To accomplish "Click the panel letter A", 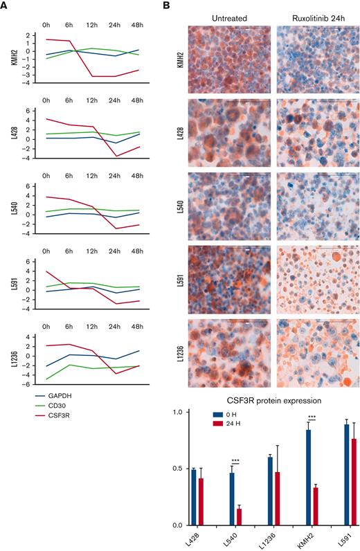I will pos(5,6).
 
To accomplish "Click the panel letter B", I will pos(165,6).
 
